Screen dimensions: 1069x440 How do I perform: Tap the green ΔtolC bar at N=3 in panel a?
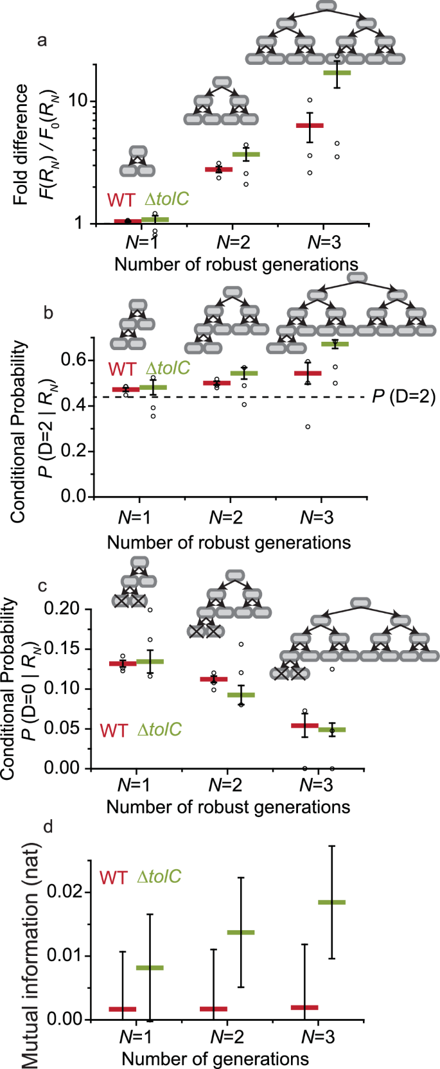click(337, 73)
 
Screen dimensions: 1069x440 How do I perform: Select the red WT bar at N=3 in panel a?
click(310, 125)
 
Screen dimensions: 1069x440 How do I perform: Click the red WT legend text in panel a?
click(121, 200)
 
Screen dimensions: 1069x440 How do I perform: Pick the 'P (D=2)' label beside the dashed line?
click(403, 397)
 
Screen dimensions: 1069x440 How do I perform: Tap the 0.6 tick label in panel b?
click(73, 360)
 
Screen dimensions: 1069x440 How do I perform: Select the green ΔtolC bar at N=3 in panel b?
click(335, 344)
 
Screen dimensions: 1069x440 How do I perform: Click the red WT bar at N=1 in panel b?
click(125, 389)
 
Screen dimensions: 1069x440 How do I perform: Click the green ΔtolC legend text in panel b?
click(168, 368)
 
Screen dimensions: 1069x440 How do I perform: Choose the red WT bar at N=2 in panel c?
click(214, 679)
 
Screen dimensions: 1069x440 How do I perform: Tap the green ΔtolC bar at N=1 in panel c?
click(150, 661)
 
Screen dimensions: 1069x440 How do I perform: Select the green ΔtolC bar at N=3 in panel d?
click(331, 902)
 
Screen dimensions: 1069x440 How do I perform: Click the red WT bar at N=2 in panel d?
click(213, 1009)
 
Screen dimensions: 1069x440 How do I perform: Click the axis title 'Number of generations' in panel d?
click(215, 1059)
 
